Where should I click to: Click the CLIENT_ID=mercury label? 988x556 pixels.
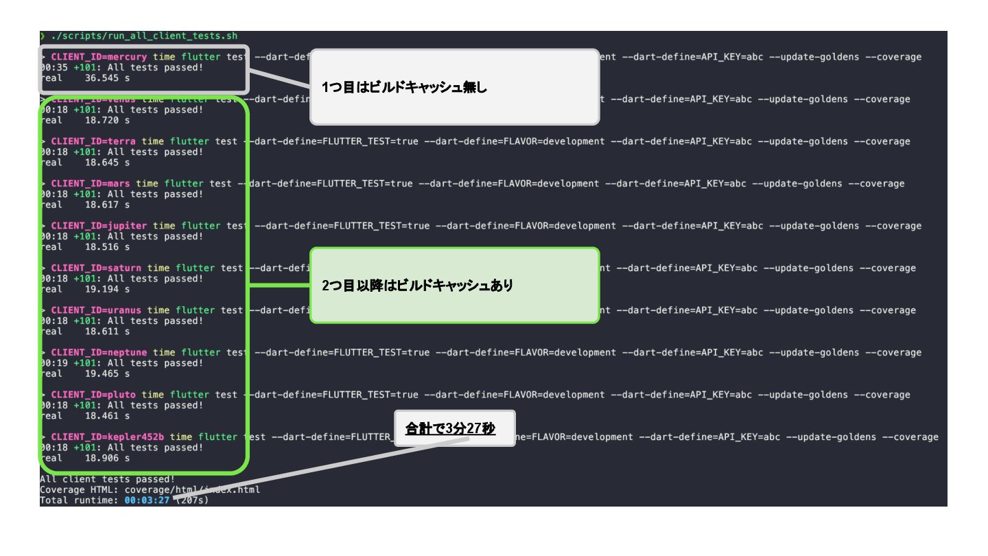99,57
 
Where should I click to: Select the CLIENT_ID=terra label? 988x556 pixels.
93,141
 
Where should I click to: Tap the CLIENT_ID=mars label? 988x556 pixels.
91,183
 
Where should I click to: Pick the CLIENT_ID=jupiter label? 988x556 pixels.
99,226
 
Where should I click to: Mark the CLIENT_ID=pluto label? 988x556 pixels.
93,395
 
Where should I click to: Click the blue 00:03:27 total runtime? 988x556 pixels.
147,500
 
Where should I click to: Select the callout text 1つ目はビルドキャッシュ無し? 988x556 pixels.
405,87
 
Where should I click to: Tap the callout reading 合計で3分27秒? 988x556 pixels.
450,429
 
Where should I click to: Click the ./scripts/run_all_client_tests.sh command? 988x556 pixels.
144,36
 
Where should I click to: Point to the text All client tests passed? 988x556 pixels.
97,479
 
